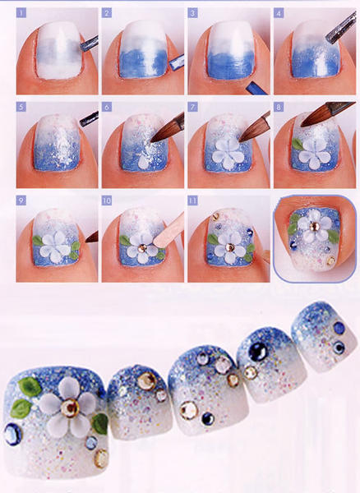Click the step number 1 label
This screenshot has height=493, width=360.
[x=21, y=13]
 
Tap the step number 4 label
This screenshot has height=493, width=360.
[x=279, y=13]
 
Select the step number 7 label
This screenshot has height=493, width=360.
[x=192, y=107]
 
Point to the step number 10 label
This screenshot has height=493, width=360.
[x=107, y=200]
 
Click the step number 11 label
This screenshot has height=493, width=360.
[x=192, y=200]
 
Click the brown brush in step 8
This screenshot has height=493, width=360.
[x=327, y=113]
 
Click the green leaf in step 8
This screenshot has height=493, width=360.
[x=297, y=145]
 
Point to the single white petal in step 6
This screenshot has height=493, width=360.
[x=143, y=163]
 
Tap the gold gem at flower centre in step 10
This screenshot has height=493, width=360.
[x=142, y=248]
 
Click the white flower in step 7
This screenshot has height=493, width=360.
[x=228, y=152]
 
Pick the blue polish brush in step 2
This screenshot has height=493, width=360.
[x=177, y=62]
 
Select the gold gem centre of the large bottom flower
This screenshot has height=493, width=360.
[x=70, y=408]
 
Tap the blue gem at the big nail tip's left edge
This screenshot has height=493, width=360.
[x=13, y=434]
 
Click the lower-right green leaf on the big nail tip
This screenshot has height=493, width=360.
[x=100, y=423]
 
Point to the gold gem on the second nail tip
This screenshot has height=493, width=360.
[x=146, y=381]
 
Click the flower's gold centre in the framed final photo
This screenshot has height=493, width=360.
[x=313, y=226]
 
